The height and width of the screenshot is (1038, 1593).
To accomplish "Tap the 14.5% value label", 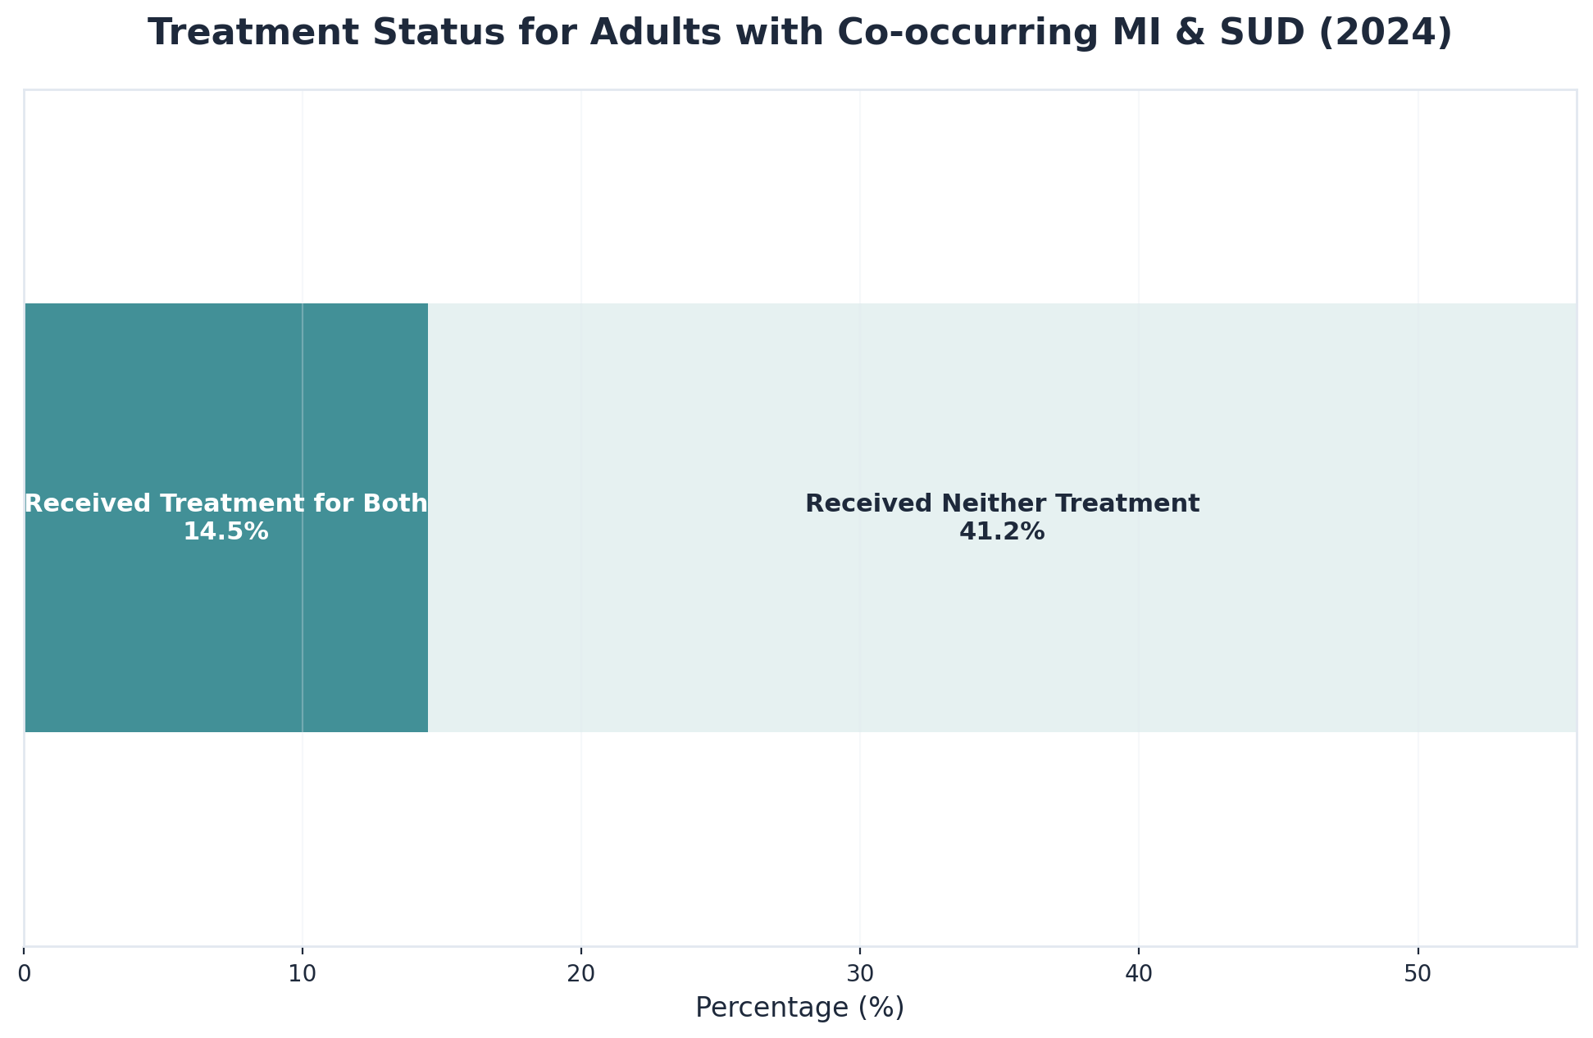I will click(225, 532).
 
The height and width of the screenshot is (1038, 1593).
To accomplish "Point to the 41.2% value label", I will click(1002, 532).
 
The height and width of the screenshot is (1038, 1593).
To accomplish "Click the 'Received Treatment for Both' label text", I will click(226, 503).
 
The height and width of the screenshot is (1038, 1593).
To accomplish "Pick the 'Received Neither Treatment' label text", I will click(1002, 503).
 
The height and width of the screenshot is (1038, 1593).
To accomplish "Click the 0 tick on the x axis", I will click(25, 973).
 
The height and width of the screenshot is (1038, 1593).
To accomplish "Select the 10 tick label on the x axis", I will click(303, 973).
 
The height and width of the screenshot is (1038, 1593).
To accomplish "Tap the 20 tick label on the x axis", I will click(581, 973).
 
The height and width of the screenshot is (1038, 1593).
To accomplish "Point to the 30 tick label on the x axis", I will click(860, 973).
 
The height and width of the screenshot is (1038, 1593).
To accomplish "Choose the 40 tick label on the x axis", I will click(1138, 973).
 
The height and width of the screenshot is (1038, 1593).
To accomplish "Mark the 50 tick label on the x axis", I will click(1418, 973).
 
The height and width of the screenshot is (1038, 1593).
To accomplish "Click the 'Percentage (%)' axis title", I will click(799, 1008).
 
